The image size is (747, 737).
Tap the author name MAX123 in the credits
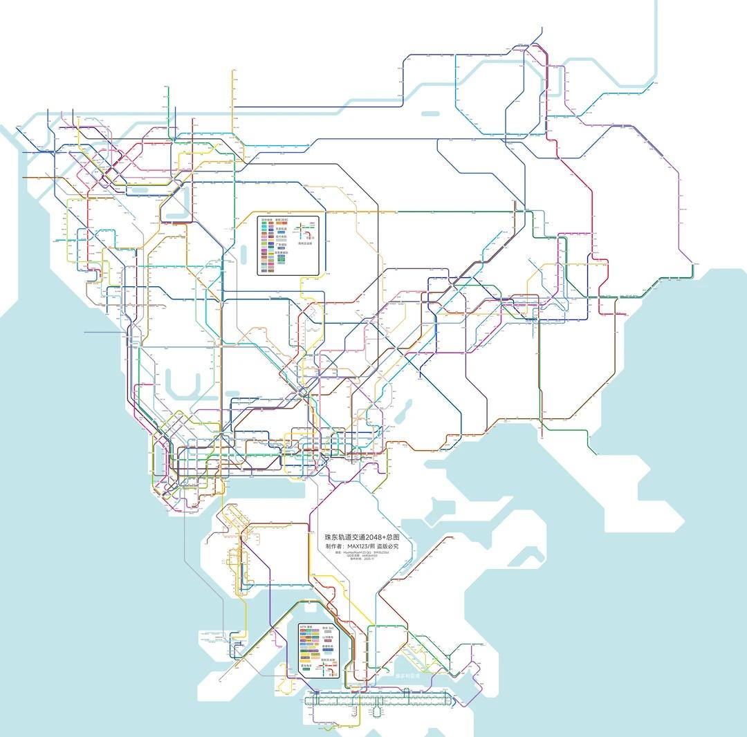[360, 546]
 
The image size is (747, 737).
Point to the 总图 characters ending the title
[393, 537]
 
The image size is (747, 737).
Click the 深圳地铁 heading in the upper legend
[267, 221]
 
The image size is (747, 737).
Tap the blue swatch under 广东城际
[282, 248]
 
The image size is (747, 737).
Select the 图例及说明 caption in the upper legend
[306, 243]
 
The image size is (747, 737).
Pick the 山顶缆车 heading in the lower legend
[329, 637]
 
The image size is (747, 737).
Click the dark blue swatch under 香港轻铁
[329, 651]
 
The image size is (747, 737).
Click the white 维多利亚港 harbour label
[408, 675]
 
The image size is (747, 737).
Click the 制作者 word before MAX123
[337, 546]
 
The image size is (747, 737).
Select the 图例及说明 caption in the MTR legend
[328, 660]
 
